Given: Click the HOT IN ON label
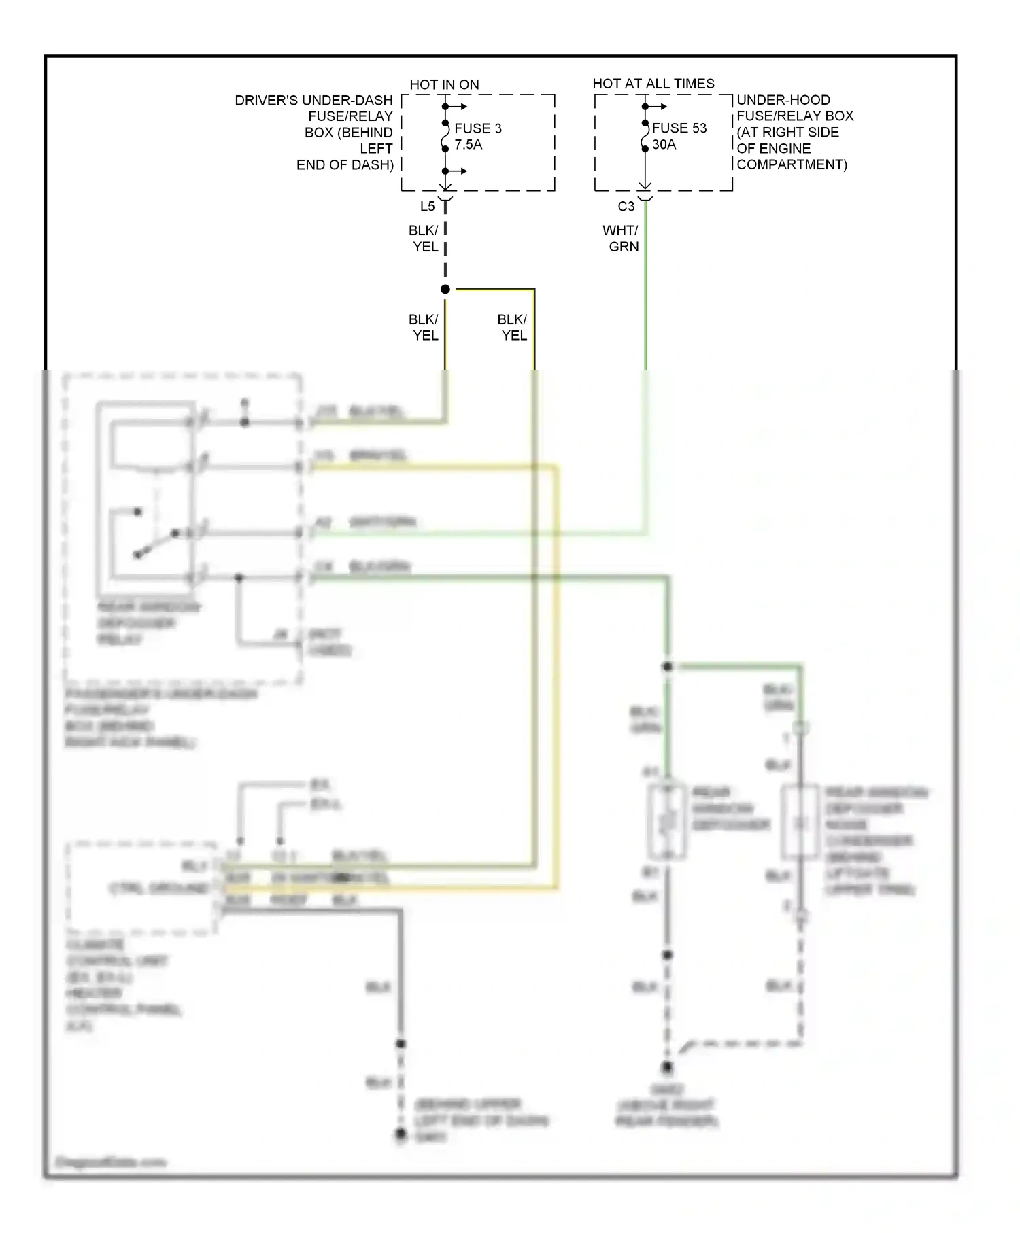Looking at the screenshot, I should pos(444,84).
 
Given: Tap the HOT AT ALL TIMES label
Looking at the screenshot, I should pos(653,84).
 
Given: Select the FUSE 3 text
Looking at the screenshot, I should pos(477,128).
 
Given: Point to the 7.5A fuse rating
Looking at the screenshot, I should pos(468,145).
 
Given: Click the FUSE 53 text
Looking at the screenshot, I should pos(679,128).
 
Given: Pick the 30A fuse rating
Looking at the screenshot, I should pos(664,145).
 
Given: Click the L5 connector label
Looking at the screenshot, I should pos(427,206).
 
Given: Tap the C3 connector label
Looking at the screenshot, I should pos(626,206).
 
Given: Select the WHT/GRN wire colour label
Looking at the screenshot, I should pos(621,239).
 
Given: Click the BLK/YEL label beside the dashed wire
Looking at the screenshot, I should pos(424,239).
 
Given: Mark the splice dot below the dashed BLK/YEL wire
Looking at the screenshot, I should pos(445,290).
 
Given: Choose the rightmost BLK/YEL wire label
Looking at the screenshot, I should pos(512,328).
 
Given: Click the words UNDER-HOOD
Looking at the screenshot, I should pos(783,100).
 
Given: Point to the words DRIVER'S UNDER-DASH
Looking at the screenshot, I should pos(313,101).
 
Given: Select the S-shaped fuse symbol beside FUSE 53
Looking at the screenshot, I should pos(645,139).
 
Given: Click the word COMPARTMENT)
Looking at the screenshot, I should pos(792,164).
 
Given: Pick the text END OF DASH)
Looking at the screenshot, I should pos(345,164).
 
